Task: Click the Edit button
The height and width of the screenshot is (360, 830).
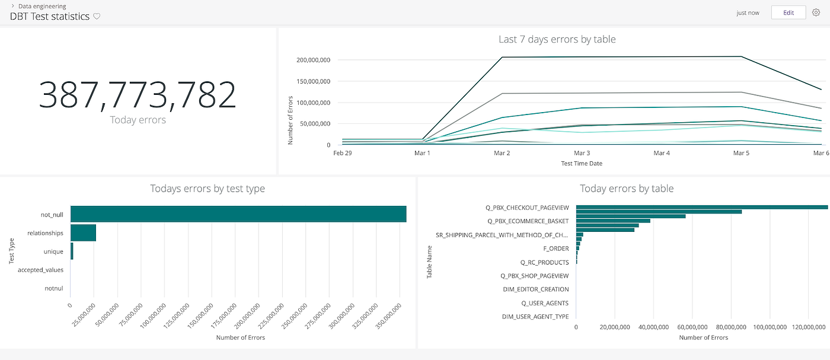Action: click(788, 12)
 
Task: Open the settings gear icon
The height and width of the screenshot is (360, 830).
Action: click(816, 12)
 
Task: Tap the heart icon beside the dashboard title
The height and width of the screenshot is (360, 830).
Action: click(97, 17)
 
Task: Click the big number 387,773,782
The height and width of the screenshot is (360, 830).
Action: click(138, 95)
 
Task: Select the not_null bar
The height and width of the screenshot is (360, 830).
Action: click(238, 214)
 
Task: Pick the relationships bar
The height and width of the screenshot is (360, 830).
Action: click(83, 233)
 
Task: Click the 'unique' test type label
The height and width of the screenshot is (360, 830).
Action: click(53, 251)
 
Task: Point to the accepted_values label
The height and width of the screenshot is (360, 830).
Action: click(40, 270)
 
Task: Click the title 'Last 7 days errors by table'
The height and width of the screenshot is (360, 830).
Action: click(557, 40)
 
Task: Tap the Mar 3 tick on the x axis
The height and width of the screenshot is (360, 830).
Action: click(582, 153)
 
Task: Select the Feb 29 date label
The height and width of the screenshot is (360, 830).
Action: click(342, 153)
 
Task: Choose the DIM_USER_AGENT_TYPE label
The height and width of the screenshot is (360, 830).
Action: click(535, 317)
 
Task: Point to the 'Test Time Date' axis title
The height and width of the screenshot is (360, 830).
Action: click(582, 164)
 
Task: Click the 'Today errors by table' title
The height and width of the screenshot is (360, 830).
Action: click(626, 189)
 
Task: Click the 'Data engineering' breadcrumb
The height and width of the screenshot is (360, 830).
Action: click(42, 6)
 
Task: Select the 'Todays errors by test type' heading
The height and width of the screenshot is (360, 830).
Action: click(207, 189)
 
